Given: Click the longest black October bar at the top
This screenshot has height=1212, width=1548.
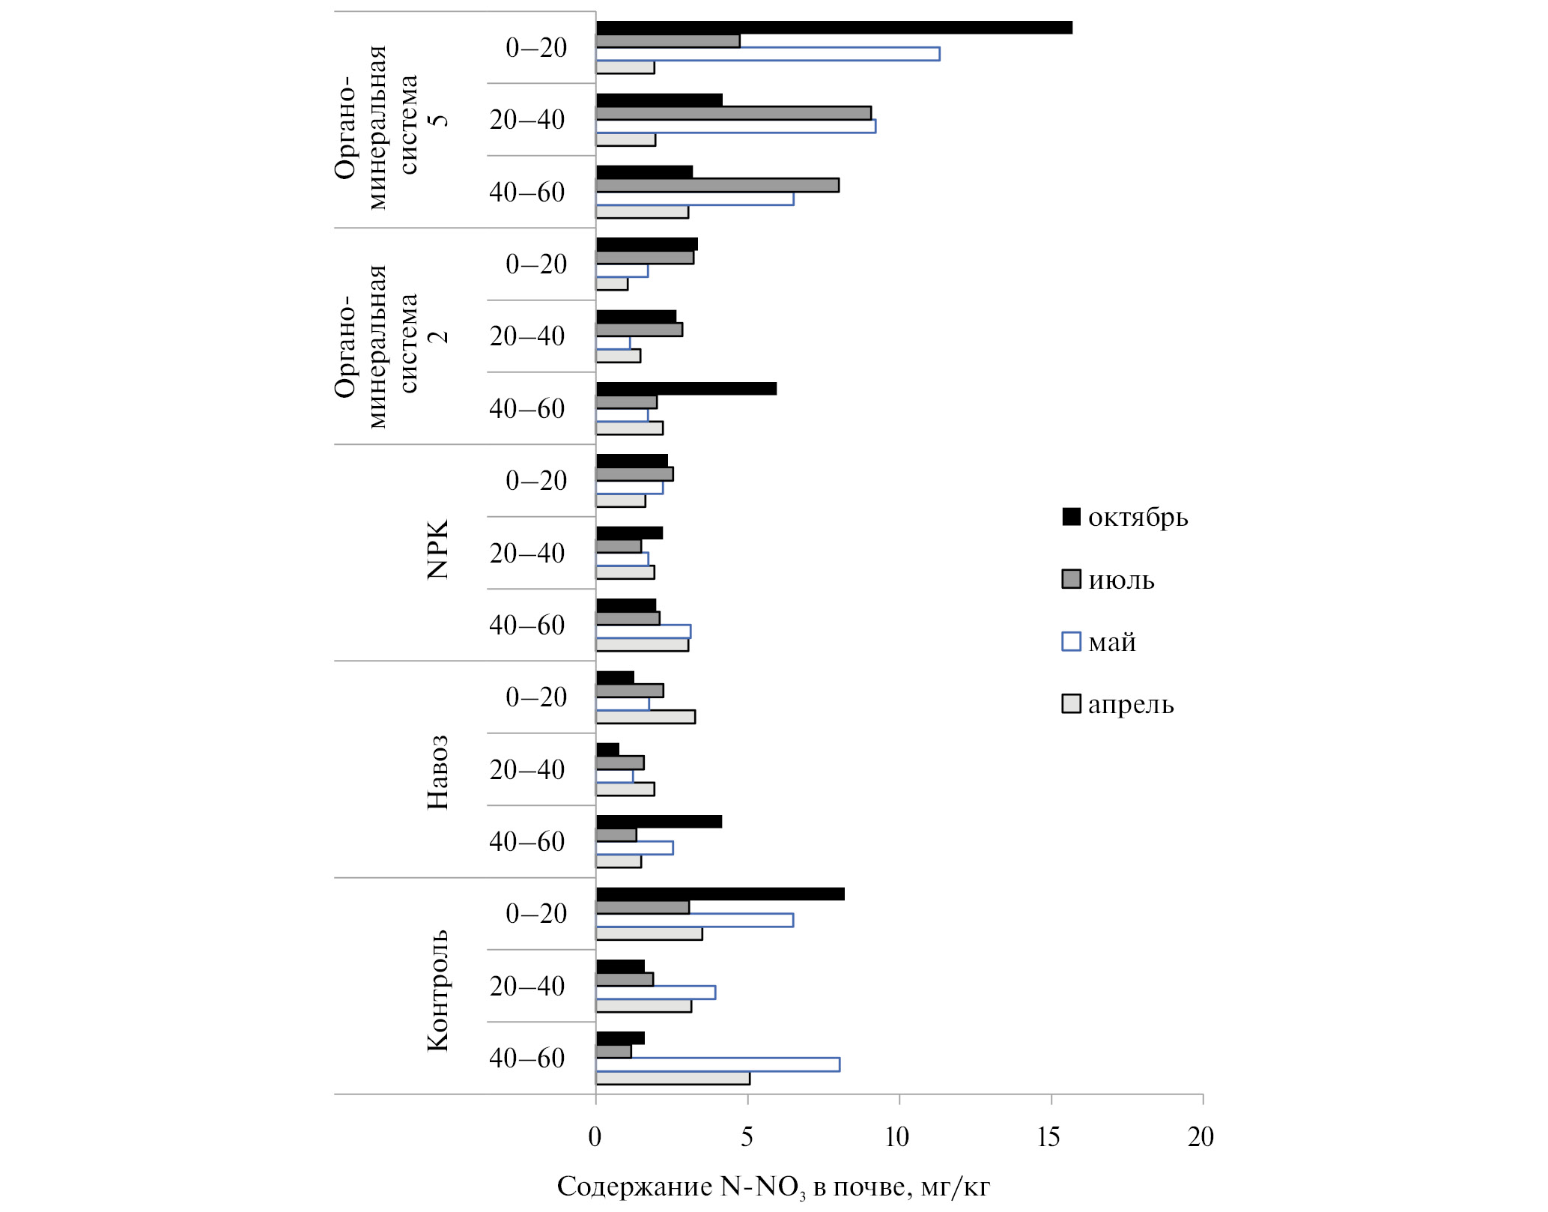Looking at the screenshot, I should click(834, 28).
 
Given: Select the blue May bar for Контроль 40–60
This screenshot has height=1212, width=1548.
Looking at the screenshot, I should click(717, 1064).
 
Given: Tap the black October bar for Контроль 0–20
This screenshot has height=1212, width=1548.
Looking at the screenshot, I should click(720, 894).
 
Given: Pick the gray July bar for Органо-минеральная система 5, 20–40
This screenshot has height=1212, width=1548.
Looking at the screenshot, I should click(733, 113).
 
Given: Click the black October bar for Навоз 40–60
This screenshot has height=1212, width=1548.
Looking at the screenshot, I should click(658, 822).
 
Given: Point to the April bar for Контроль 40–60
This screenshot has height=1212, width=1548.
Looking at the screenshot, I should click(673, 1079).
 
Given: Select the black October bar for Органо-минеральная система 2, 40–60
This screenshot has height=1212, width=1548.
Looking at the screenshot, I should click(686, 389).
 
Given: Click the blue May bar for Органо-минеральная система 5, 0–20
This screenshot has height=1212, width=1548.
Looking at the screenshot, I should click(768, 54).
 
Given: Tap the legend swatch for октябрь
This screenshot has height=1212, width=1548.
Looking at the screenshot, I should click(1071, 517).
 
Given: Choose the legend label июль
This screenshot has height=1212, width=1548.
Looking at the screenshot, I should click(1121, 581).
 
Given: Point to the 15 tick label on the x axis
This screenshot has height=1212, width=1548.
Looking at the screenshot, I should click(1048, 1137).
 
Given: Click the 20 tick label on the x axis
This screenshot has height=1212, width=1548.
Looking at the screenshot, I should click(1201, 1137).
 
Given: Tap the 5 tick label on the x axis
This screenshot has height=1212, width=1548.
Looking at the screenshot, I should click(747, 1137).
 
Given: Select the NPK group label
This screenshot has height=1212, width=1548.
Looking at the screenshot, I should click(437, 549).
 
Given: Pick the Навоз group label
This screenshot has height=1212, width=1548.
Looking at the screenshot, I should click(437, 772).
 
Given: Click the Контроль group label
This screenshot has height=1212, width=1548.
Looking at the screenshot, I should click(437, 990).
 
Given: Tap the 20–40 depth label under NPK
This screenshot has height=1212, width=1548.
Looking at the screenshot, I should click(527, 554).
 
